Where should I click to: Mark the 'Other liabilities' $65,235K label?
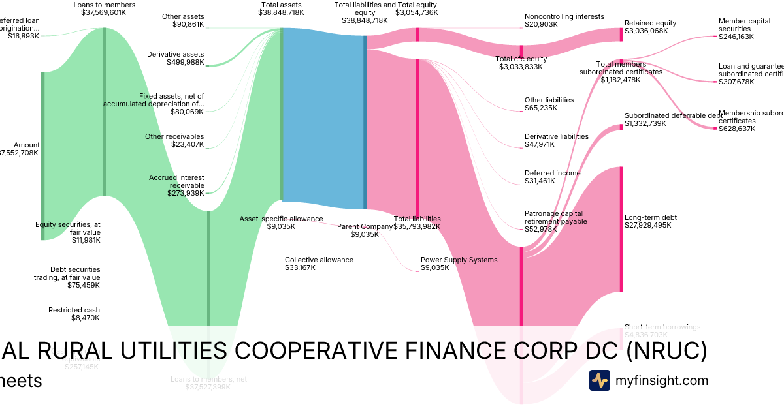549,104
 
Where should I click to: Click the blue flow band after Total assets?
323,117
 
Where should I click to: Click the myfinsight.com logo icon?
599,380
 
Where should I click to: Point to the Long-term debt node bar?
621,228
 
